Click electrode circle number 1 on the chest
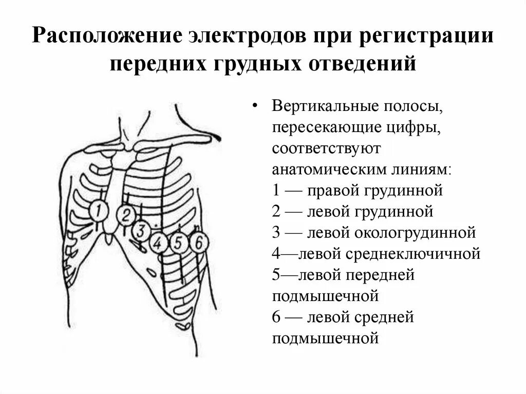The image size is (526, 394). tap(99, 211)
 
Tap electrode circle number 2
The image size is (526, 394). tap(125, 215)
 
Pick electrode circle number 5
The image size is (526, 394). tap(178, 242)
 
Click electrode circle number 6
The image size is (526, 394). tap(197, 242)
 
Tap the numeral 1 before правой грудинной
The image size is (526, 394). tap(276, 191)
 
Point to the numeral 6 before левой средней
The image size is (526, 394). tap(276, 317)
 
